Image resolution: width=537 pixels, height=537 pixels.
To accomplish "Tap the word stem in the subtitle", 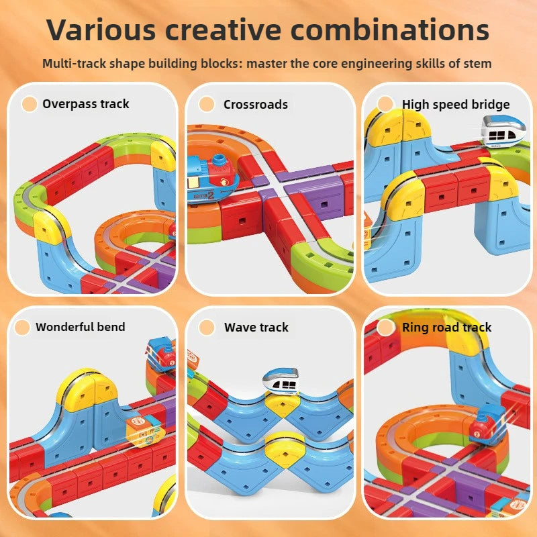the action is (478, 64).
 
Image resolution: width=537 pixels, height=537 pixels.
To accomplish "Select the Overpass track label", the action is (85, 104).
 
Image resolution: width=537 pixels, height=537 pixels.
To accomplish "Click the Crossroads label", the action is (255, 105).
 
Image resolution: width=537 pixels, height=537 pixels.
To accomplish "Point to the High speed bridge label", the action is (456, 104).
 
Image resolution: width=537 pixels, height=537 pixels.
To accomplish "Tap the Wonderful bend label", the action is (80, 328).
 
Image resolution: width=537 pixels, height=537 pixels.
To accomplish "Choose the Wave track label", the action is (256, 328).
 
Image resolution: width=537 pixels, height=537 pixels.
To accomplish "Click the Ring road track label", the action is (446, 328).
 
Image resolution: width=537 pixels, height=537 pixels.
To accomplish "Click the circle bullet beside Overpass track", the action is (30, 104).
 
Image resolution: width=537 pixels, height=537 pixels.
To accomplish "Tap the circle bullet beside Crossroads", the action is (207, 104).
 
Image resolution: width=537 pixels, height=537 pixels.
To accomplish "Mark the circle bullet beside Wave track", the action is (207, 328).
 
